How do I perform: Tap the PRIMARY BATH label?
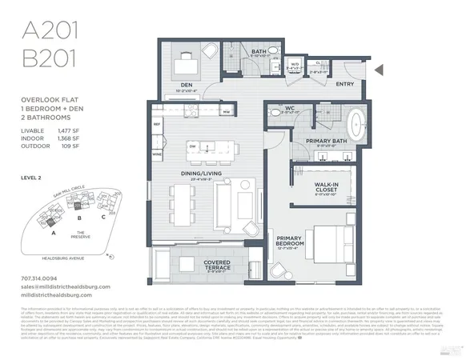click(326, 141)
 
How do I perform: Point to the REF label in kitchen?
click(158, 125)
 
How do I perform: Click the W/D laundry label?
click(294, 65)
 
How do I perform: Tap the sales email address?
click(66, 286)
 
